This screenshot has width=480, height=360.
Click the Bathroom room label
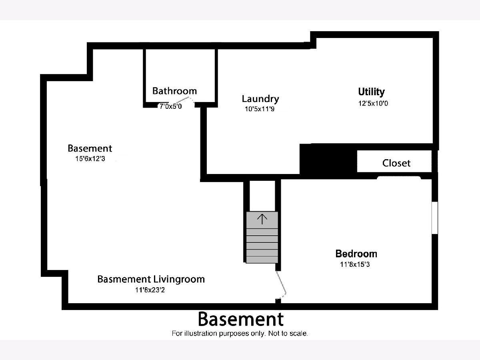(174, 91)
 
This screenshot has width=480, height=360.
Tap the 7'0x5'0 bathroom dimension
(171, 106)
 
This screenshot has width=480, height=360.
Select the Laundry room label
(260, 99)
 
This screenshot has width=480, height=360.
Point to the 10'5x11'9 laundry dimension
(260, 109)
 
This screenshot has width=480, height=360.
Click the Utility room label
(371, 92)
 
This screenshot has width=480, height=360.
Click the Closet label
(396, 163)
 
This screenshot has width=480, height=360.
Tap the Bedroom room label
(356, 254)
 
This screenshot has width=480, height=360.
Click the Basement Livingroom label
(151, 279)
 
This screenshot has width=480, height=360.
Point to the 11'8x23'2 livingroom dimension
(150, 290)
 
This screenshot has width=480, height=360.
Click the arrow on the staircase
(262, 218)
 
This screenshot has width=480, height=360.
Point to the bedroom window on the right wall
(435, 217)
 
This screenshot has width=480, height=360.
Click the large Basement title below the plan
(240, 319)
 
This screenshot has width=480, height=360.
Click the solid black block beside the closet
(328, 160)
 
